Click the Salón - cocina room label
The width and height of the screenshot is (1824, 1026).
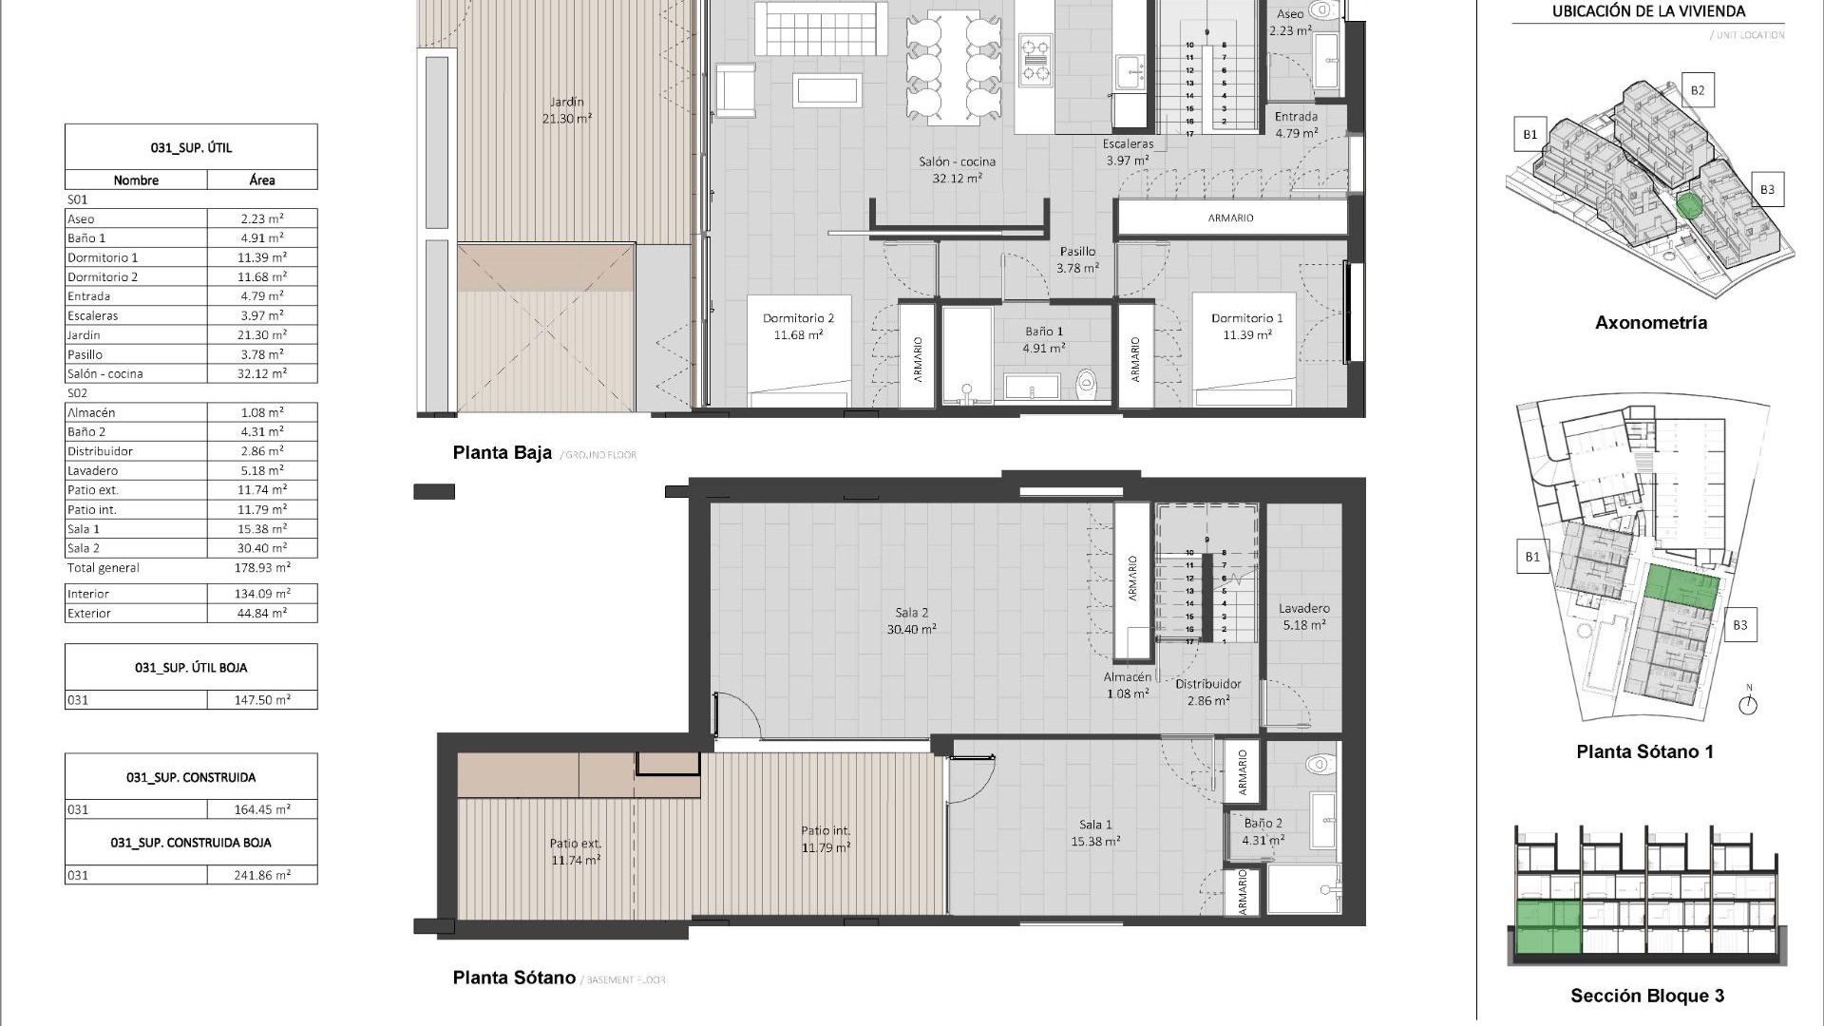(957, 169)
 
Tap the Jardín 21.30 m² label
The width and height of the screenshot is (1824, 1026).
(567, 109)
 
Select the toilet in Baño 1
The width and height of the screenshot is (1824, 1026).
(1086, 385)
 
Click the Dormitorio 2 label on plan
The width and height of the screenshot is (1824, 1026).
(798, 326)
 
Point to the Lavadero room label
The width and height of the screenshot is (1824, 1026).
(1303, 617)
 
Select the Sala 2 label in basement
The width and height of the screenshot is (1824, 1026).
(911, 620)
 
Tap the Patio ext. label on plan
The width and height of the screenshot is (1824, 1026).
(576, 851)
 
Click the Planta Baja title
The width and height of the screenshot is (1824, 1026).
(502, 453)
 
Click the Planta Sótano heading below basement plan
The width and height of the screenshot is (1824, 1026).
(514, 978)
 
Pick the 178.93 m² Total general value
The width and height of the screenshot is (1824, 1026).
(262, 568)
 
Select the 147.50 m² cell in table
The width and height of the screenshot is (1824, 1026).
(262, 700)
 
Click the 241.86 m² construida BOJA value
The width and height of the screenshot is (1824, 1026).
(262, 875)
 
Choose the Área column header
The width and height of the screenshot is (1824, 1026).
(262, 180)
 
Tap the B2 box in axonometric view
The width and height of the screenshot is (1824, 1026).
(1697, 91)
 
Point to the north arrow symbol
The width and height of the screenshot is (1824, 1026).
(1748, 704)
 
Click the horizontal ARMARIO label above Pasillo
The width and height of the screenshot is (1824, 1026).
(1230, 218)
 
